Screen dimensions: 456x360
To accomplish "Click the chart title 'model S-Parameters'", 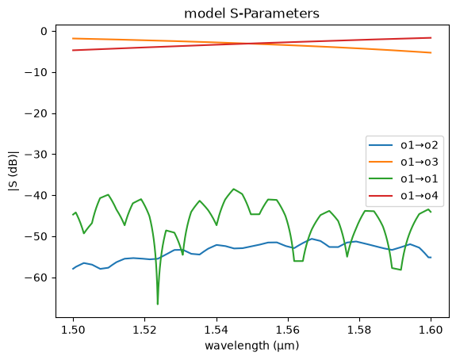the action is pyautogui.click(x=252, y=13).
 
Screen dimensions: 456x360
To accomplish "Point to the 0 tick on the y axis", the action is pyautogui.click(x=44, y=31).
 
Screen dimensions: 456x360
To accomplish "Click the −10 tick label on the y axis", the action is pyautogui.click(x=36, y=72).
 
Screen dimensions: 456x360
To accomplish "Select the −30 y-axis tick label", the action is pyautogui.click(x=36, y=155).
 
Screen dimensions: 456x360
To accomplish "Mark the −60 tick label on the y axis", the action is pyautogui.click(x=36, y=278).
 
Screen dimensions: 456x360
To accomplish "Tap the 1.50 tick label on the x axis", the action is pyautogui.click(x=73, y=330).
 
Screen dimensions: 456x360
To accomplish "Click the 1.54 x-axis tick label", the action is pyautogui.click(x=217, y=330).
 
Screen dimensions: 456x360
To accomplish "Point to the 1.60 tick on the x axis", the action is pyautogui.click(x=431, y=330).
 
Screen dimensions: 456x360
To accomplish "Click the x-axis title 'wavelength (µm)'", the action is pyautogui.click(x=252, y=346).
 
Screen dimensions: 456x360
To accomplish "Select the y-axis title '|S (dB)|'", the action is pyautogui.click(x=13, y=171).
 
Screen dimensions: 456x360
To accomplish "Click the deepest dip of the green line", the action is pyautogui.click(x=158, y=304).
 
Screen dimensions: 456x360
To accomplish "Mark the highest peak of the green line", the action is pyautogui.click(x=233, y=189).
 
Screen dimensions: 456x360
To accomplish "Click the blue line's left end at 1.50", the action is pyautogui.click(x=73, y=269).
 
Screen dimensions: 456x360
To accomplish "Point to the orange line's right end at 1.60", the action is pyautogui.click(x=431, y=52).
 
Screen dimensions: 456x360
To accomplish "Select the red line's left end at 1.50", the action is pyautogui.click(x=73, y=50).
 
